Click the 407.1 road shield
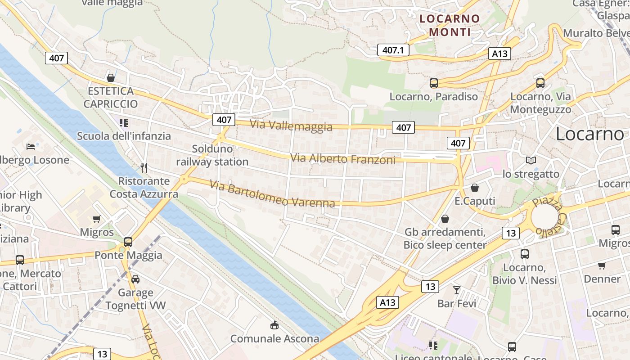click(x=393, y=50)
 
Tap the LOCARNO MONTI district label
click(x=450, y=25)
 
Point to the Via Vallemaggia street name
click(x=291, y=126)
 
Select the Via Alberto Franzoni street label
click(x=342, y=159)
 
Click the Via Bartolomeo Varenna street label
click(x=272, y=193)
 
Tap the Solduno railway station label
click(x=212, y=155)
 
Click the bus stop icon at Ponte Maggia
click(x=128, y=242)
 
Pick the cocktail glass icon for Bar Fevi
click(x=457, y=290)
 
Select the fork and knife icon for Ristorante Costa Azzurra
click(x=144, y=168)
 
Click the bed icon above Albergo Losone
click(x=31, y=146)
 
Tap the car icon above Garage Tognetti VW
click(x=135, y=279)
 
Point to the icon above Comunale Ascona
click(x=274, y=325)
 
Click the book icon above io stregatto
click(x=531, y=160)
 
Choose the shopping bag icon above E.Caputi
click(x=475, y=188)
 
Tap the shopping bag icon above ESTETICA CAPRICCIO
click(x=111, y=78)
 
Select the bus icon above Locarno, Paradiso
click(x=434, y=83)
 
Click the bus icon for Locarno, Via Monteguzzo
click(x=540, y=83)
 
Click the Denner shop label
click(x=602, y=279)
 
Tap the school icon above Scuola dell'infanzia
click(x=124, y=123)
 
